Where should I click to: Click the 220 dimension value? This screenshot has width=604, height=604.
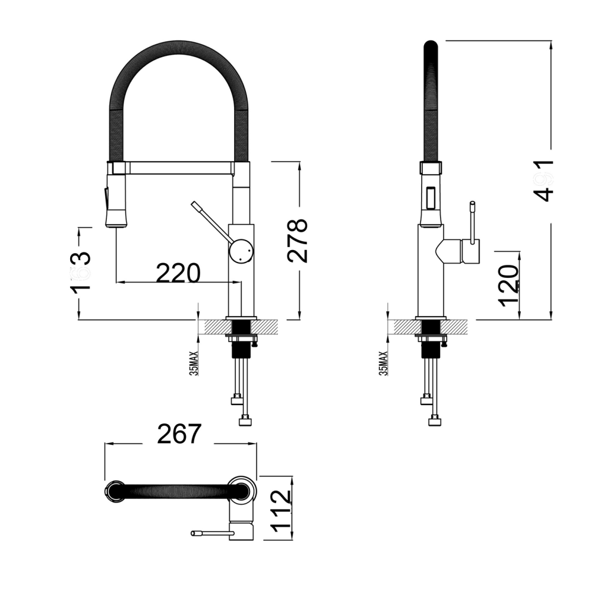click(x=178, y=273)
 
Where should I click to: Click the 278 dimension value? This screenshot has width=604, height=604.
click(x=298, y=240)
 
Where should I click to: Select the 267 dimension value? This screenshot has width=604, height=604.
click(x=180, y=434)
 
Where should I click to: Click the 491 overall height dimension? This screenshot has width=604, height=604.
click(x=542, y=180)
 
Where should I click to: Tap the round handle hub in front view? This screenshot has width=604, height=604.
click(x=242, y=251)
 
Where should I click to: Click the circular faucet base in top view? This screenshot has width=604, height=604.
click(x=242, y=490)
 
